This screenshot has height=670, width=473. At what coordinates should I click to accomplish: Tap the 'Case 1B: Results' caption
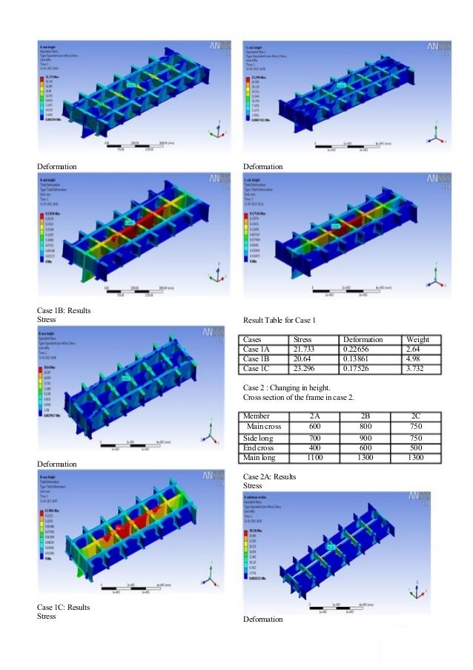coord(64,310)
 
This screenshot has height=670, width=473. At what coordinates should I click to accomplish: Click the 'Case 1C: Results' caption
coord(64,607)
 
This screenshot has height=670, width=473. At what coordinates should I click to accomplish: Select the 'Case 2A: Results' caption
coord(270,476)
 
